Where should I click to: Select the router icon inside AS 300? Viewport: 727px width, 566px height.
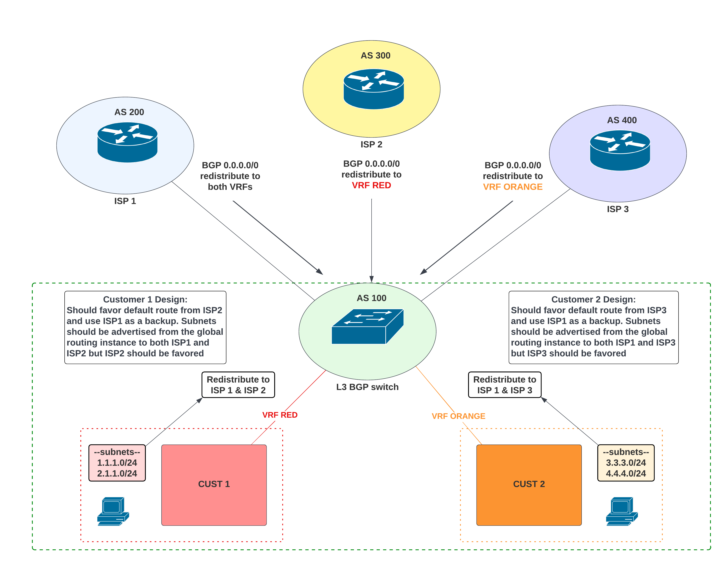[374, 89]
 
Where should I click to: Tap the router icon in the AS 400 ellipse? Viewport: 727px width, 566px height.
[620, 150]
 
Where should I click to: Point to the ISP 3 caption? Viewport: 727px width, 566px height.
[618, 209]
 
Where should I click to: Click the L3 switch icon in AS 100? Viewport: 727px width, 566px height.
[367, 326]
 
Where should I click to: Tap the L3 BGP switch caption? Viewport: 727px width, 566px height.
[367, 387]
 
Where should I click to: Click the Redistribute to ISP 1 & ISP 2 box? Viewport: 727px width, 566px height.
[238, 385]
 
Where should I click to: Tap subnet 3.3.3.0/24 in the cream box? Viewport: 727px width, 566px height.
[626, 463]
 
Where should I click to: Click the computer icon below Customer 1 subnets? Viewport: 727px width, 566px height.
[113, 511]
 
